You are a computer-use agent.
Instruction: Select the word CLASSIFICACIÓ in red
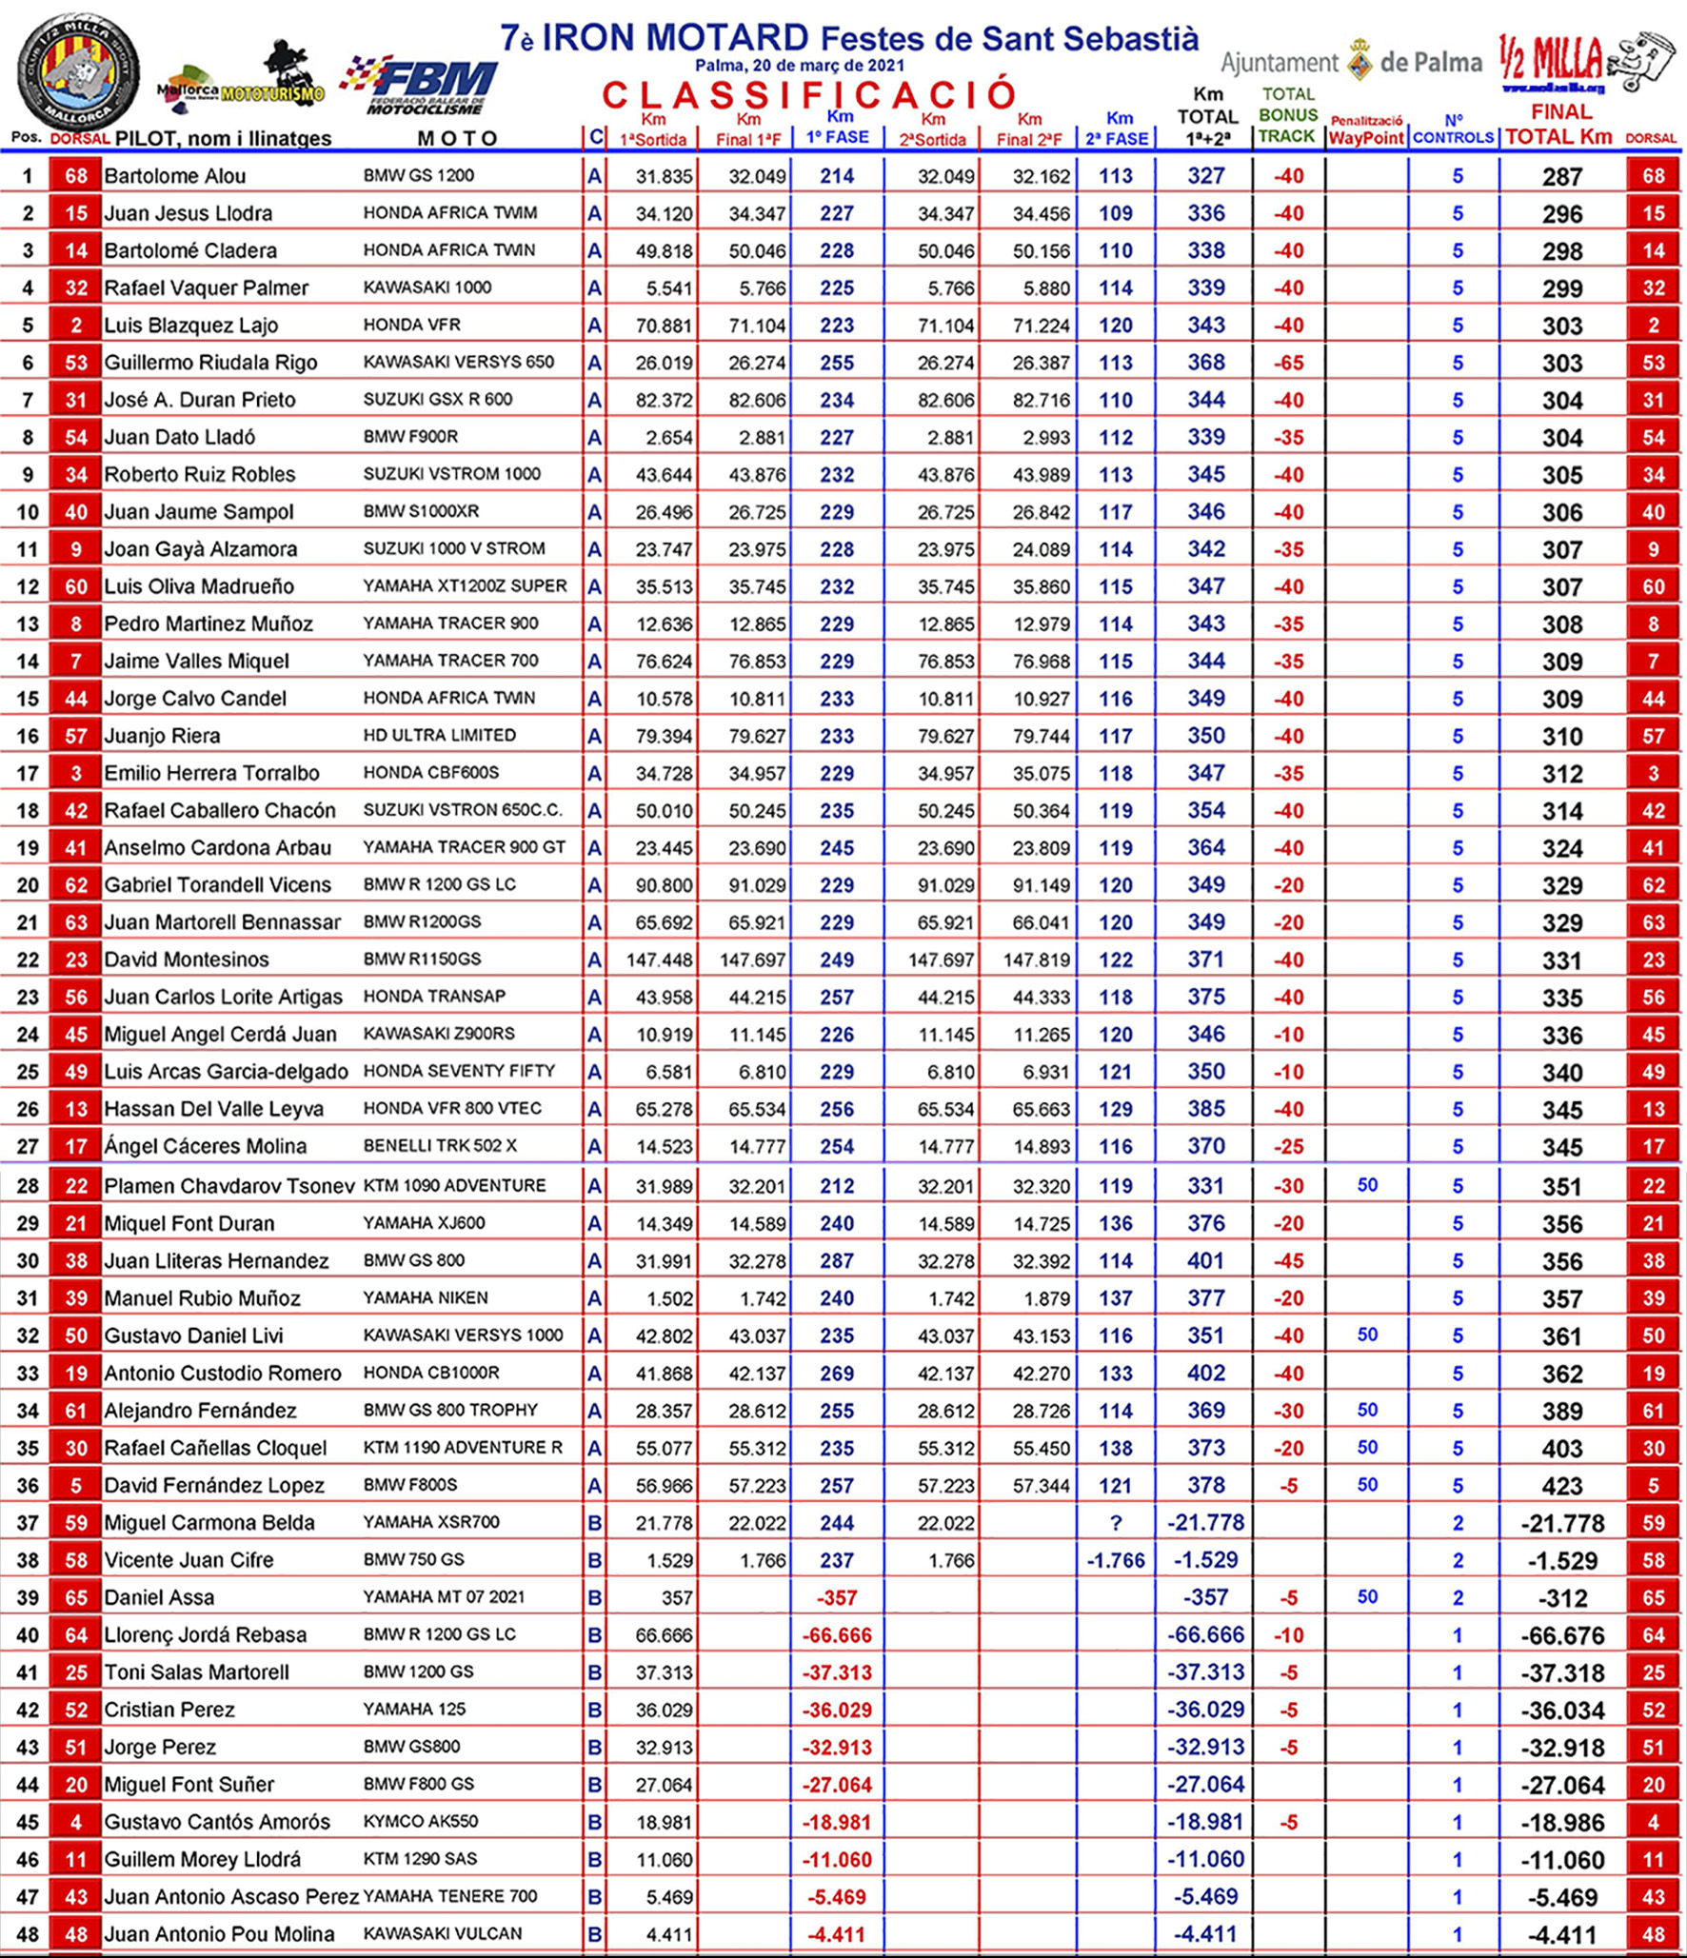point(810,95)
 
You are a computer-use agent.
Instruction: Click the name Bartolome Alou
point(174,176)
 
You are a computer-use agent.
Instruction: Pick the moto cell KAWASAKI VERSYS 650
point(458,363)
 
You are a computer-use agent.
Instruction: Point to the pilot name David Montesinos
point(186,959)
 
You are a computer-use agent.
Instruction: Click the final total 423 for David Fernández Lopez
point(1561,1486)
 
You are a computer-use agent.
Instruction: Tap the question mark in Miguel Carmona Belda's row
point(1116,1523)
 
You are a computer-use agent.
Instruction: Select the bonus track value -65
point(1288,363)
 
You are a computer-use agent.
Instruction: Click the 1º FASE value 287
point(837,1261)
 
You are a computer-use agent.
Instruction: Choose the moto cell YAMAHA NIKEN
point(425,1298)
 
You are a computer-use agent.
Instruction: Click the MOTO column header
point(457,139)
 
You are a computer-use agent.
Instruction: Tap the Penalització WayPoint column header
point(1366,131)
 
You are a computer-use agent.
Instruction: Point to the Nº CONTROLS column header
point(1453,130)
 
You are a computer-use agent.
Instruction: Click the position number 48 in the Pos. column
point(28,1934)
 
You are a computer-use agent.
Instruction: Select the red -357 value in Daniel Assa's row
point(837,1597)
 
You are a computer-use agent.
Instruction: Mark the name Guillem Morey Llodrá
point(202,1859)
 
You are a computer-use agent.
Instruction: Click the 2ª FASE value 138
point(1116,1448)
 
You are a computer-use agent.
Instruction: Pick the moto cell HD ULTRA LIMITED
point(439,736)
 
